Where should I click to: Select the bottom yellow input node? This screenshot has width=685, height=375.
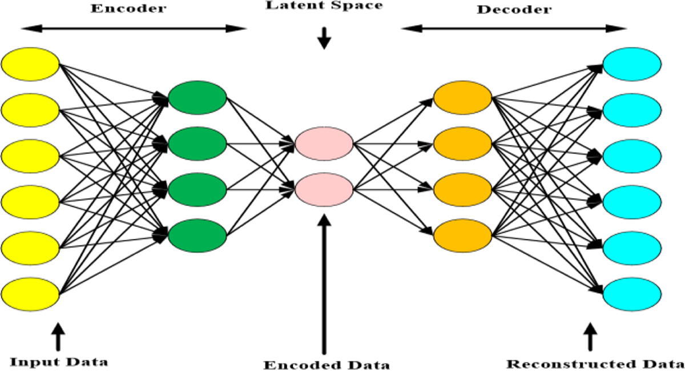(30, 294)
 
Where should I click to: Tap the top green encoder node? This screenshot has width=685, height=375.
(198, 97)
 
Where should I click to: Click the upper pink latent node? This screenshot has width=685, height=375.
(324, 143)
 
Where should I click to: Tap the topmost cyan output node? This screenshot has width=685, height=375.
(632, 64)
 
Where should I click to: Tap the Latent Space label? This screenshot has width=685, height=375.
(324, 6)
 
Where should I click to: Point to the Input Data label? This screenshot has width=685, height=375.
(59, 362)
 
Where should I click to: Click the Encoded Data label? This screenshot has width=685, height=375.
(327, 365)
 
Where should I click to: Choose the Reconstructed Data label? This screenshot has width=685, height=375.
(595, 364)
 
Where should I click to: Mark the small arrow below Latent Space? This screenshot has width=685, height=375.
(324, 38)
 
